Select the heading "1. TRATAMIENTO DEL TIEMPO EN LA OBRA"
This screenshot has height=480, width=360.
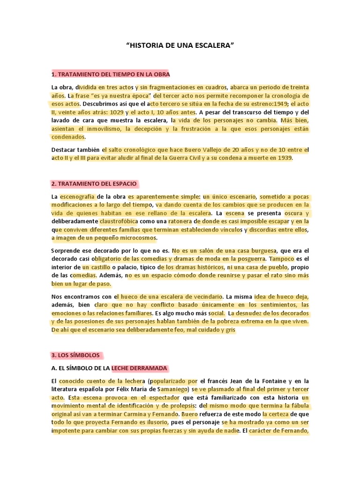tap(111, 75)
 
